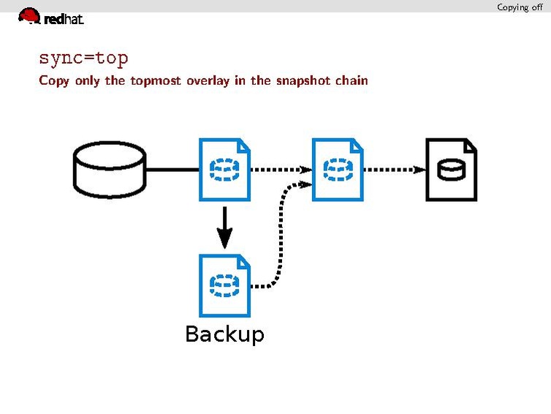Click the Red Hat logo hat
(29, 15)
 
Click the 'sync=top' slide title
(83, 58)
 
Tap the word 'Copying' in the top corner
(512, 7)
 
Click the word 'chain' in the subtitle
(351, 80)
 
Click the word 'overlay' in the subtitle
(208, 80)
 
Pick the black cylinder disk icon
(110, 170)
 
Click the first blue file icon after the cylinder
(225, 170)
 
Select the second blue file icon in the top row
(338, 170)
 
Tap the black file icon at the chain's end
(451, 170)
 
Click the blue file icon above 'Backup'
(225, 285)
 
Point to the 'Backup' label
(224, 334)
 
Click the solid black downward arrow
(225, 227)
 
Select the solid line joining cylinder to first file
(172, 170)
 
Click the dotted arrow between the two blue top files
(281, 170)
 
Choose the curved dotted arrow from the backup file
(280, 234)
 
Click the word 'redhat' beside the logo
(64, 20)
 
